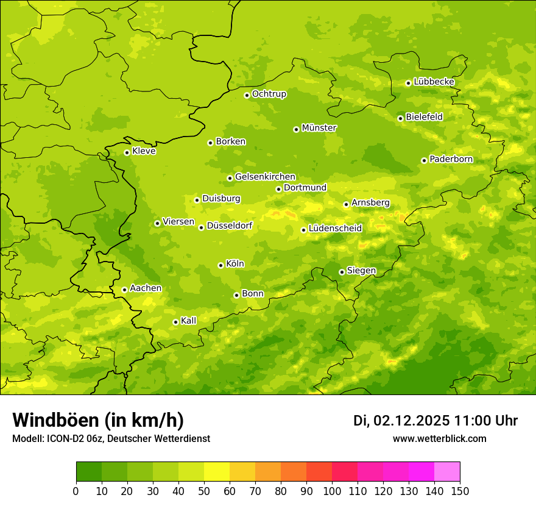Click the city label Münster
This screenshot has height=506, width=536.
pyautogui.click(x=319, y=128)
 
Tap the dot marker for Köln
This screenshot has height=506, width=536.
pyautogui.click(x=220, y=265)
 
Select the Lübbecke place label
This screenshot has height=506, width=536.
pyautogui.click(x=434, y=82)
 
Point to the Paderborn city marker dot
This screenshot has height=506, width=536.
pyautogui.click(x=424, y=160)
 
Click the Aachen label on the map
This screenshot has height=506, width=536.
pyautogui.click(x=146, y=288)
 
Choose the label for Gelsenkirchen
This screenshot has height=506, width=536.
pyautogui.click(x=265, y=177)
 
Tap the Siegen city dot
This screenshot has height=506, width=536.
pyautogui.click(x=342, y=272)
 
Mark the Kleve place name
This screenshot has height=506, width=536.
pyautogui.click(x=144, y=151)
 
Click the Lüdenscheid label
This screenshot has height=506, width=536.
pyautogui.click(x=335, y=229)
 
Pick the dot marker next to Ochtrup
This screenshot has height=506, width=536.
pyautogui.click(x=247, y=95)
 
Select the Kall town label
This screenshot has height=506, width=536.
pyautogui.click(x=188, y=321)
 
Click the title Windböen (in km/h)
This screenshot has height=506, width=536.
pyautogui.click(x=98, y=420)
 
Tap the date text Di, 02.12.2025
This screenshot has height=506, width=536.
pyautogui.click(x=401, y=421)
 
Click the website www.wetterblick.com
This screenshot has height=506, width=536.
pyautogui.click(x=439, y=438)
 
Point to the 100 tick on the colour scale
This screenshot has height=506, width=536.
pyautogui.click(x=332, y=491)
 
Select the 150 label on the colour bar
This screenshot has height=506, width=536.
pyautogui.click(x=460, y=491)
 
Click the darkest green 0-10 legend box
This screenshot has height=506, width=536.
pyautogui.click(x=89, y=472)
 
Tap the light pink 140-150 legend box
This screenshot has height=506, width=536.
pyautogui.click(x=447, y=472)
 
